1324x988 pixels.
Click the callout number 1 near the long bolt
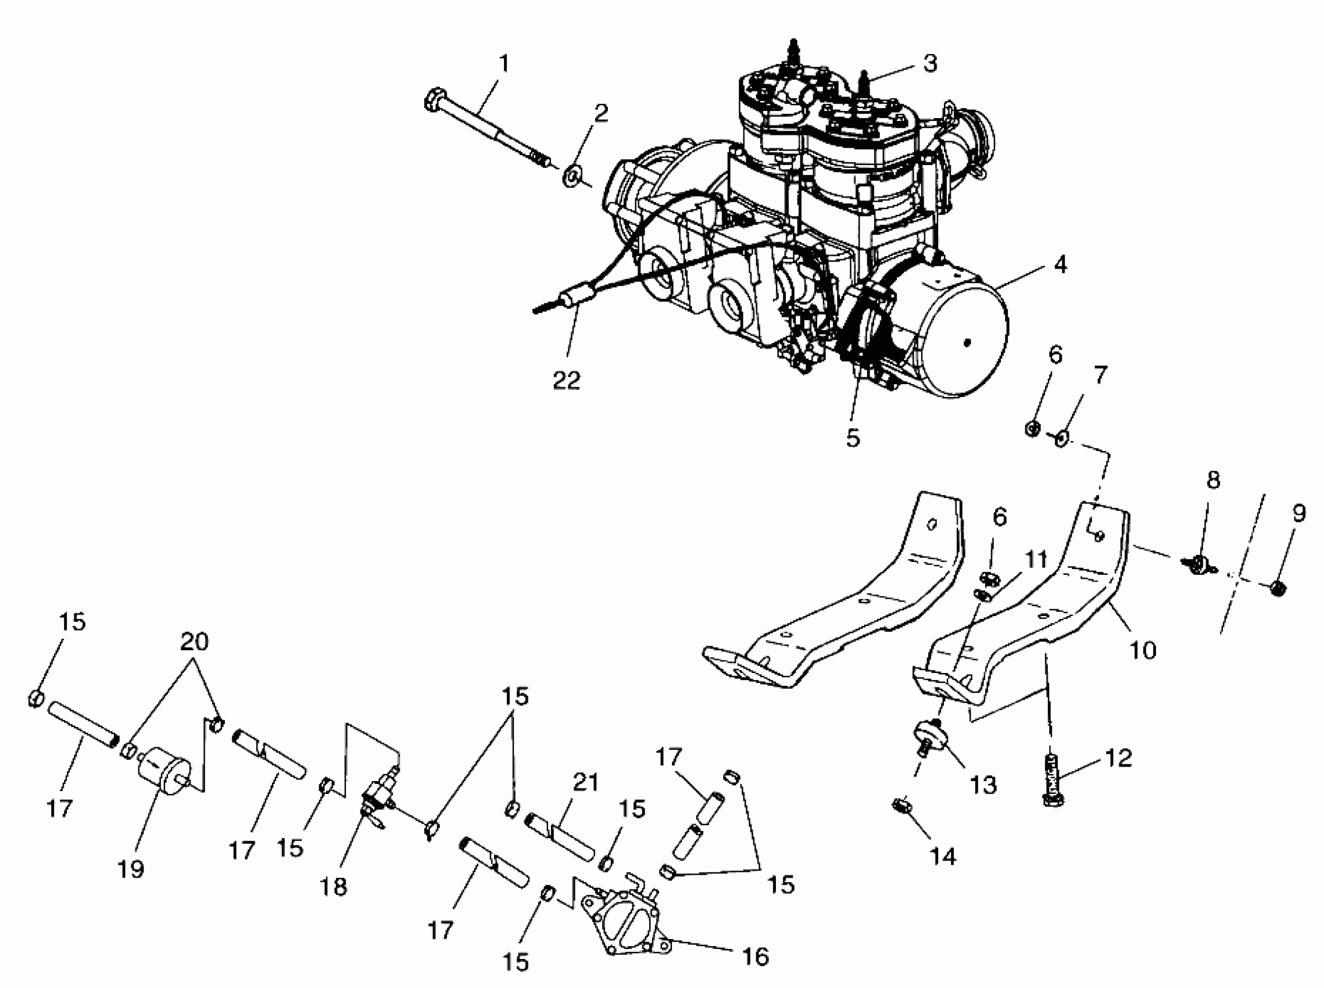(x=504, y=63)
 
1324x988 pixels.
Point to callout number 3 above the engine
(x=929, y=63)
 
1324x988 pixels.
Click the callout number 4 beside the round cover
(x=1060, y=265)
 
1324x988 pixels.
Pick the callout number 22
(x=566, y=380)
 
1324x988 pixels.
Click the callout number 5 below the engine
(x=853, y=438)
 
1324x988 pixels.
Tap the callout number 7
(x=1100, y=375)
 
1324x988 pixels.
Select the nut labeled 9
(x=1276, y=589)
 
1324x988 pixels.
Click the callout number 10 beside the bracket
(x=1143, y=650)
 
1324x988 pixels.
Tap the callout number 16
(x=756, y=957)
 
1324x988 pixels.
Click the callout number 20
(x=194, y=642)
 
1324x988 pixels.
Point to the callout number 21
(x=585, y=783)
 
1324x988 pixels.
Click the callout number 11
(x=1036, y=560)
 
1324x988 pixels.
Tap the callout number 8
(x=1213, y=480)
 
